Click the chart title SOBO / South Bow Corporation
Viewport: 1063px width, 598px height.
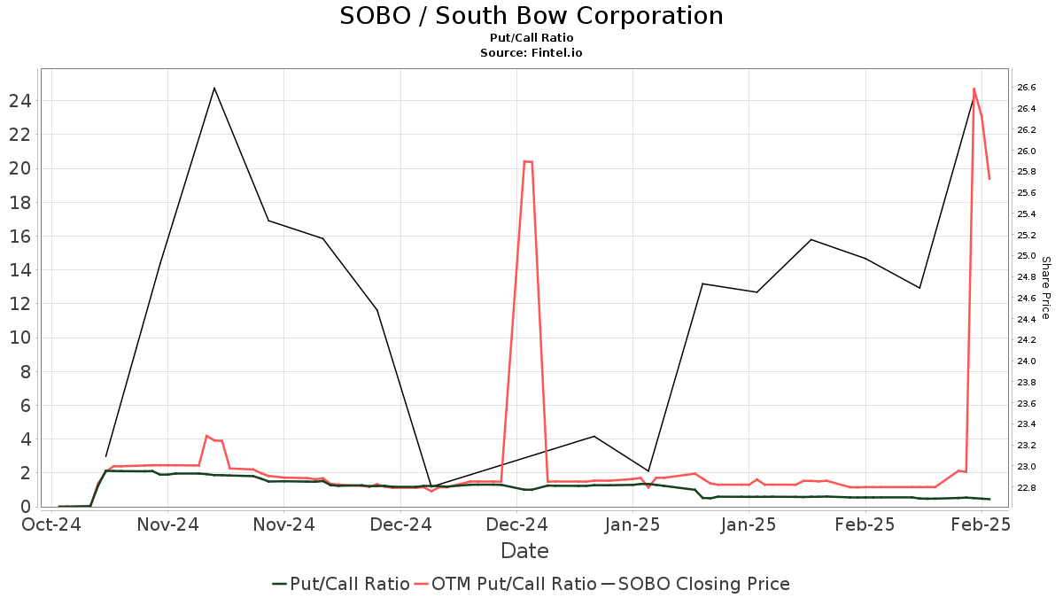[x=531, y=16]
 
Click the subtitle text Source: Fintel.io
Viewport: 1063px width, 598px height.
[x=531, y=53]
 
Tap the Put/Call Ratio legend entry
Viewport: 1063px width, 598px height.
[x=341, y=584]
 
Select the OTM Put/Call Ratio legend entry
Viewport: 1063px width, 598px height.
[x=504, y=584]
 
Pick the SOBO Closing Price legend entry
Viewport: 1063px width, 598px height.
[x=695, y=584]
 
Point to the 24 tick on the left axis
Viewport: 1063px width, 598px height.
[x=20, y=101]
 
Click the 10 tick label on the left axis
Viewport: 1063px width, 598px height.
[x=20, y=338]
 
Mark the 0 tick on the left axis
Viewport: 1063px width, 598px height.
[x=27, y=507]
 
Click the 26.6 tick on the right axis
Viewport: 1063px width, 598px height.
[x=1027, y=87]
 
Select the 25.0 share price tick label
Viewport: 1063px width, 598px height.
[x=1027, y=256]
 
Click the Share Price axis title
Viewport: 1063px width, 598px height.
[x=1046, y=288]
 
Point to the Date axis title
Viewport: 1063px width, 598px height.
[x=524, y=551]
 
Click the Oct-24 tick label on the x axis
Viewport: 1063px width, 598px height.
[x=52, y=524]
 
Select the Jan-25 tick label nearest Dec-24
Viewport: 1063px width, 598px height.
[x=633, y=524]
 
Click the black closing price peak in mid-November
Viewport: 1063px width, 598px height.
[x=214, y=88]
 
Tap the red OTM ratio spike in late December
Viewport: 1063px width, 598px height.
[x=528, y=161]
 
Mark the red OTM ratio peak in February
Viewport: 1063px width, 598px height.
[x=974, y=89]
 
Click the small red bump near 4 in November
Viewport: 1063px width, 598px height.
[x=206, y=436]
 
